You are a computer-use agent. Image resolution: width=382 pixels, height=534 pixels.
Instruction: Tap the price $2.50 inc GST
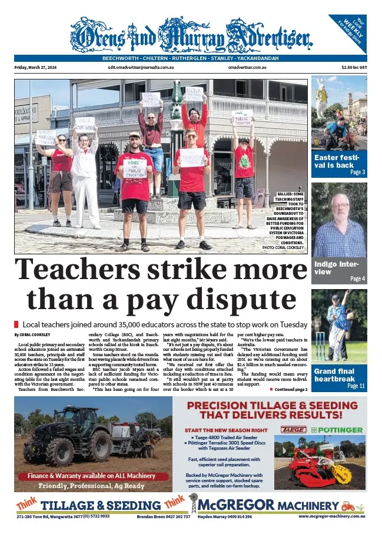(x=354, y=68)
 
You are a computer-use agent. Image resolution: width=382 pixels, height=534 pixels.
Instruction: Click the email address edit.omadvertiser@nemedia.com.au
(x=141, y=68)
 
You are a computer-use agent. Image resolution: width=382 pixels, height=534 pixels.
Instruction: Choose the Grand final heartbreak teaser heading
(x=338, y=375)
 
